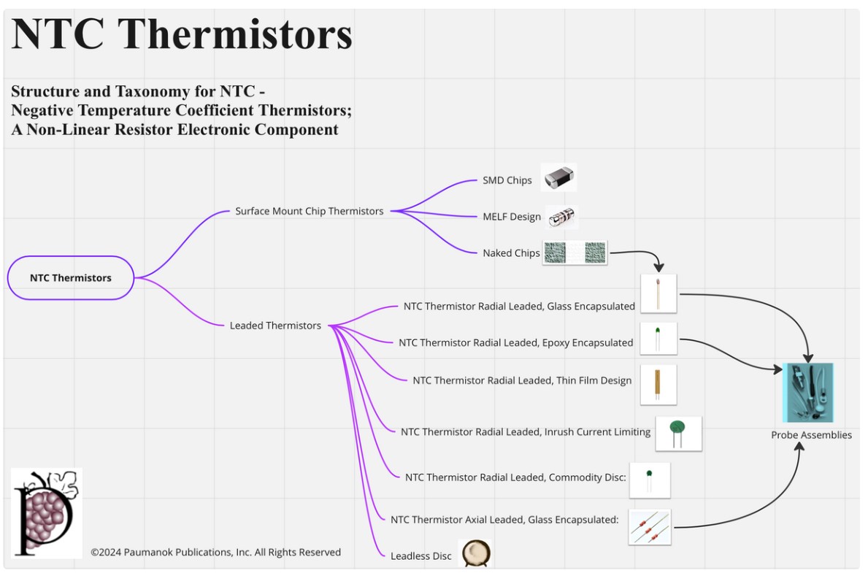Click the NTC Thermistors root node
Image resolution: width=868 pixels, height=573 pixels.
tap(71, 277)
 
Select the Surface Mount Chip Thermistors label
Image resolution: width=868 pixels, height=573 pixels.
tap(309, 211)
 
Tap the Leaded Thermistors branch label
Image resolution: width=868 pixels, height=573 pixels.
tap(275, 326)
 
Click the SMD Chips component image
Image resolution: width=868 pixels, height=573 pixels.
tap(558, 177)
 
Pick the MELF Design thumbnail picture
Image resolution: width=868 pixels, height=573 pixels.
tap(562, 217)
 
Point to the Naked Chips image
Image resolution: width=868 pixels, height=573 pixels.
tap(575, 253)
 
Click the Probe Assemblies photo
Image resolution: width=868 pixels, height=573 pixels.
tap(807, 392)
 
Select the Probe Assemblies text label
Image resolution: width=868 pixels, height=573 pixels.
tap(811, 435)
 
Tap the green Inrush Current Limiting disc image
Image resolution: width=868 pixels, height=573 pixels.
tap(678, 433)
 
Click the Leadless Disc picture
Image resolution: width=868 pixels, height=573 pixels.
tap(475, 553)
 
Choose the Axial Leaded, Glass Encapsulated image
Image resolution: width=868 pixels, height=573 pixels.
tap(649, 527)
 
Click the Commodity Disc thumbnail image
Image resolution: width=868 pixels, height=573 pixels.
tap(649, 480)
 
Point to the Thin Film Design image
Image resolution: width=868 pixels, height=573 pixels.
tap(658, 384)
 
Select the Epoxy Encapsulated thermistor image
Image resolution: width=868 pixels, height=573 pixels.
tap(658, 338)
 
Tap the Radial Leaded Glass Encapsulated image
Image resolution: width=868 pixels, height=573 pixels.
tap(658, 293)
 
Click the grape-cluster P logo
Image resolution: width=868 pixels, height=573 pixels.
tap(46, 512)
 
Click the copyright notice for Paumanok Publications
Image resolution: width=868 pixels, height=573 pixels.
tap(215, 553)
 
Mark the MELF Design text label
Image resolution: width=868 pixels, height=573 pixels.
tap(512, 217)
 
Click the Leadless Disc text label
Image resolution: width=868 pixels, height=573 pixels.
tap(421, 556)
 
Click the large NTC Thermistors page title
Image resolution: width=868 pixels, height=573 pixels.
tap(182, 34)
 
